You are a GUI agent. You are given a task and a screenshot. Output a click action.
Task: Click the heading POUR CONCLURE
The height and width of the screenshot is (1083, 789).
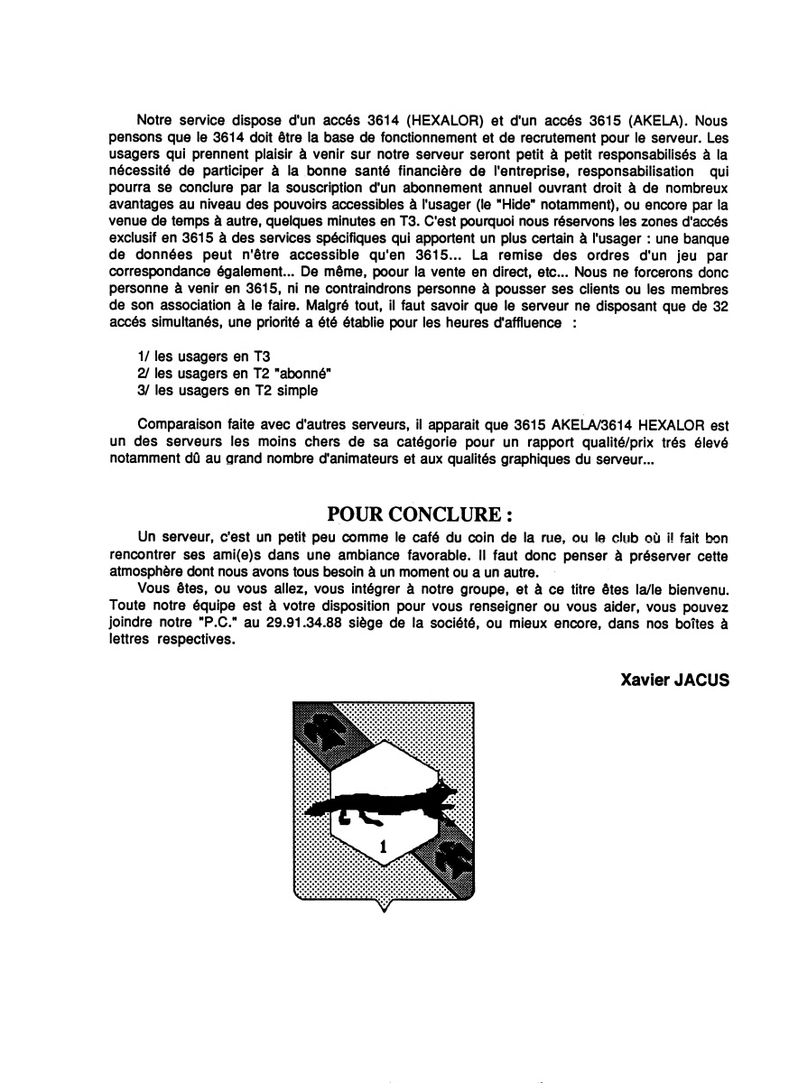(x=420, y=514)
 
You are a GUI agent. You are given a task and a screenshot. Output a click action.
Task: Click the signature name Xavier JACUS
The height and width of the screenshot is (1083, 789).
(x=674, y=680)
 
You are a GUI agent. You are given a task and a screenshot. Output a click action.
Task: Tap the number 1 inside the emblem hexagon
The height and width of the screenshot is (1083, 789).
(x=383, y=846)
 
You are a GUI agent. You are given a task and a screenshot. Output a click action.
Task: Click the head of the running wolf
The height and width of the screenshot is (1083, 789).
(x=445, y=794)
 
